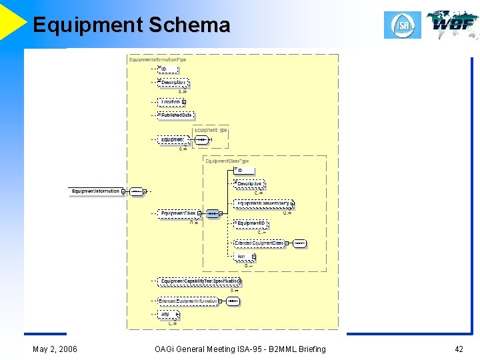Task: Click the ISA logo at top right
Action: [402, 25]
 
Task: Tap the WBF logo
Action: [453, 25]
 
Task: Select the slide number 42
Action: [459, 349]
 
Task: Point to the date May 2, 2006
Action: [55, 349]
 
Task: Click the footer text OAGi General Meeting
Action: [200, 349]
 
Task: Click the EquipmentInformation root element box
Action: [96, 191]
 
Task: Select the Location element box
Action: [171, 102]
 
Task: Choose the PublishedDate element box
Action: [176, 115]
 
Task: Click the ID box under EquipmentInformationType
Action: [168, 69]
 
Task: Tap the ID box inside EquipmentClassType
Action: [244, 171]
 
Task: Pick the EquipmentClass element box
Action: [178, 213]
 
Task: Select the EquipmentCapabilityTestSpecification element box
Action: [199, 281]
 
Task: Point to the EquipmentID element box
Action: [251, 223]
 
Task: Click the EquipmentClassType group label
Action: [227, 161]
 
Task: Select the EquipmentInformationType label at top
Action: [157, 59]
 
